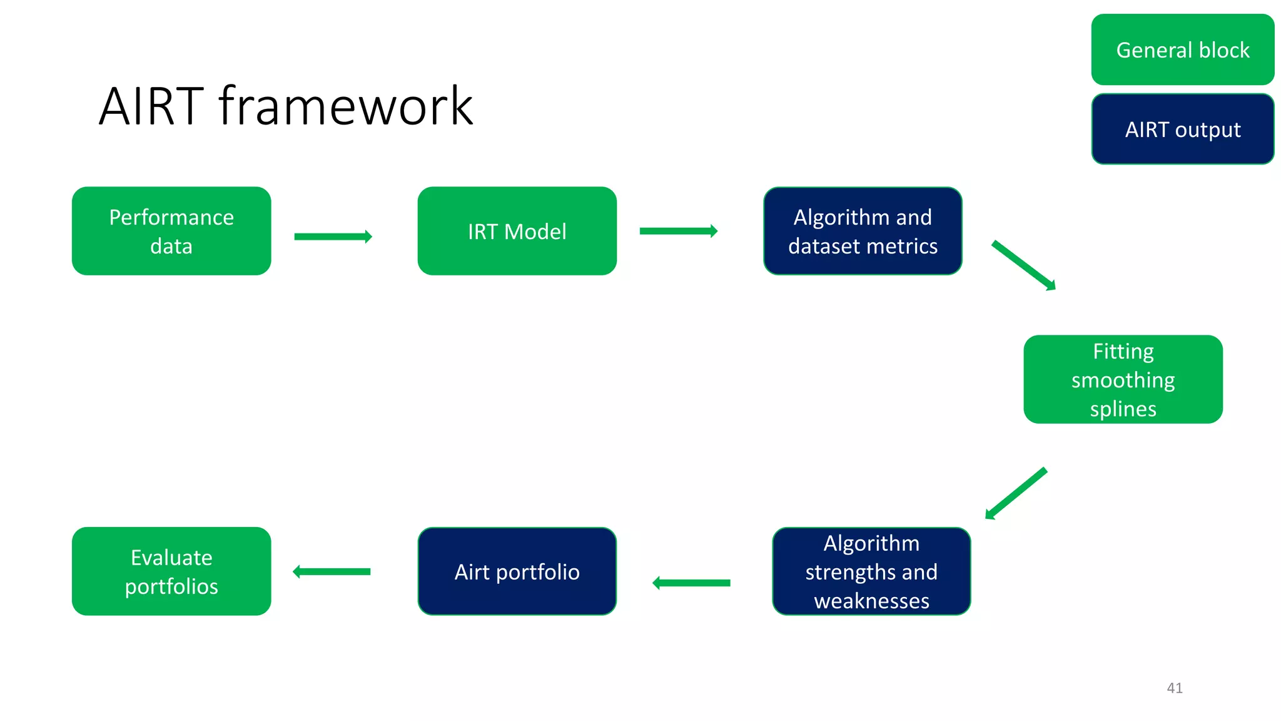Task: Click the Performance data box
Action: (171, 231)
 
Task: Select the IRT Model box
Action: (517, 231)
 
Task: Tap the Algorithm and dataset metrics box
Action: (863, 231)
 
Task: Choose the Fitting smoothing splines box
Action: (1123, 379)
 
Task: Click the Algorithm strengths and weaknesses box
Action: (871, 571)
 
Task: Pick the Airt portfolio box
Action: (517, 571)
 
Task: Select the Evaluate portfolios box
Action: (171, 571)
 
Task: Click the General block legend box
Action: (1182, 49)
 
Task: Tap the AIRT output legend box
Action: (1182, 129)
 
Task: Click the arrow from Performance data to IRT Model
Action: (333, 237)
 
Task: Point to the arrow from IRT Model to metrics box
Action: (678, 231)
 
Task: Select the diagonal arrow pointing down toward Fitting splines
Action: (1023, 265)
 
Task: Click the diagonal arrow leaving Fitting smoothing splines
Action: (1016, 494)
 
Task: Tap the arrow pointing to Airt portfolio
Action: (691, 583)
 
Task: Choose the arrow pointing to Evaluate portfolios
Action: (332, 571)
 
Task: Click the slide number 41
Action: (1174, 688)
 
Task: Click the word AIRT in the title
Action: (151, 107)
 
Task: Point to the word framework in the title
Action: (346, 107)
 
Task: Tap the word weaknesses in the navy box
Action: (871, 601)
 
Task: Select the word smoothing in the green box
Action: (1123, 380)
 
